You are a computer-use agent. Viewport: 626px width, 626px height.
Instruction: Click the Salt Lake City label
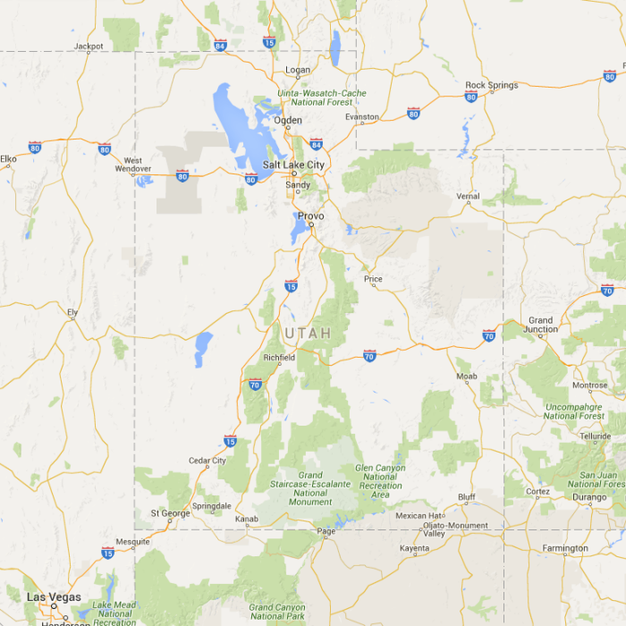tap(293, 165)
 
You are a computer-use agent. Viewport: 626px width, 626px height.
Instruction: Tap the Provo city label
tap(310, 216)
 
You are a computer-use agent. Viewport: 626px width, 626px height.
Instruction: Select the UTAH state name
tap(308, 334)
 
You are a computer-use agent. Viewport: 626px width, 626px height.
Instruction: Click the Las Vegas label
tap(53, 597)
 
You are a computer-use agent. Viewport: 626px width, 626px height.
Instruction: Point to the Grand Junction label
tap(541, 325)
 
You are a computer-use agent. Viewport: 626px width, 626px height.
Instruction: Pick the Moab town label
tap(467, 376)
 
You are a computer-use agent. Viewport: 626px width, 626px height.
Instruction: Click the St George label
tap(170, 513)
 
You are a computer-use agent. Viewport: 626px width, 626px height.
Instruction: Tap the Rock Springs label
tap(491, 86)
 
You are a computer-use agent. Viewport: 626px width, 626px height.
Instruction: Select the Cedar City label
tap(207, 461)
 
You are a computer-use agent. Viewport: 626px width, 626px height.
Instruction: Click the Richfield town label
tap(279, 358)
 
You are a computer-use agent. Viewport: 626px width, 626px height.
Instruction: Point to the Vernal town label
tap(468, 197)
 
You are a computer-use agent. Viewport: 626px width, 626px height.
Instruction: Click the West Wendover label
tap(133, 165)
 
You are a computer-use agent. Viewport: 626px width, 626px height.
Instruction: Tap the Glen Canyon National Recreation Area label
tap(380, 481)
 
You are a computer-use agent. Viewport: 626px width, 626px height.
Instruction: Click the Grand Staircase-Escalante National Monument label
tap(310, 488)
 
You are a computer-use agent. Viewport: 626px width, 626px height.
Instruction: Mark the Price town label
tap(373, 280)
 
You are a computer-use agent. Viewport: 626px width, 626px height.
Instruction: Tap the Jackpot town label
tap(89, 46)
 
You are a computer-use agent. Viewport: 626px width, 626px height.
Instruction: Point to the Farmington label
tap(565, 548)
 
